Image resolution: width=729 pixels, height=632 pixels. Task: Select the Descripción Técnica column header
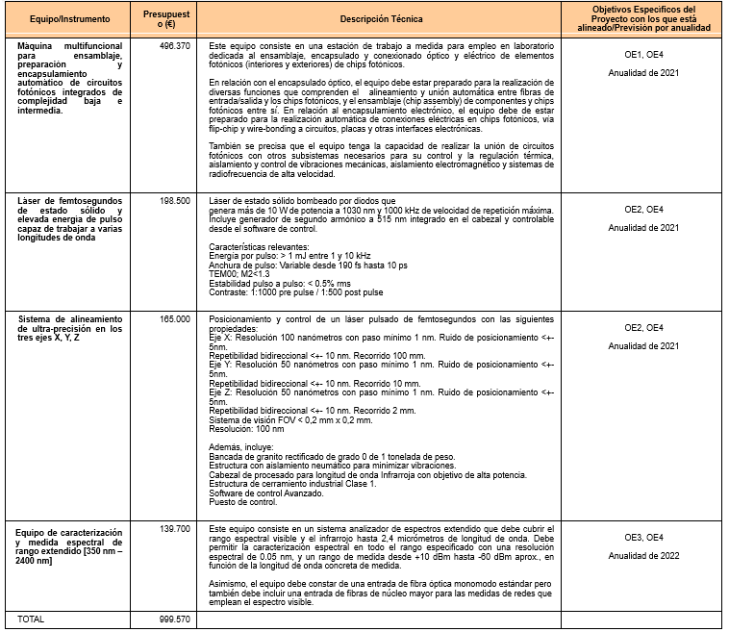point(380,18)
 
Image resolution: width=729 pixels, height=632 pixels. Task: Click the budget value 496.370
point(174,46)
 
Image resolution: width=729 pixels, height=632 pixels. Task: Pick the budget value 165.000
point(174,317)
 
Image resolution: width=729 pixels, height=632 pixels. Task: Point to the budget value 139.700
point(174,529)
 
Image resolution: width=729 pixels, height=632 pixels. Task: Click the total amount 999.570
point(174,619)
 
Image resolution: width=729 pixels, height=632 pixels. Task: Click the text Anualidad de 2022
point(643,555)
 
